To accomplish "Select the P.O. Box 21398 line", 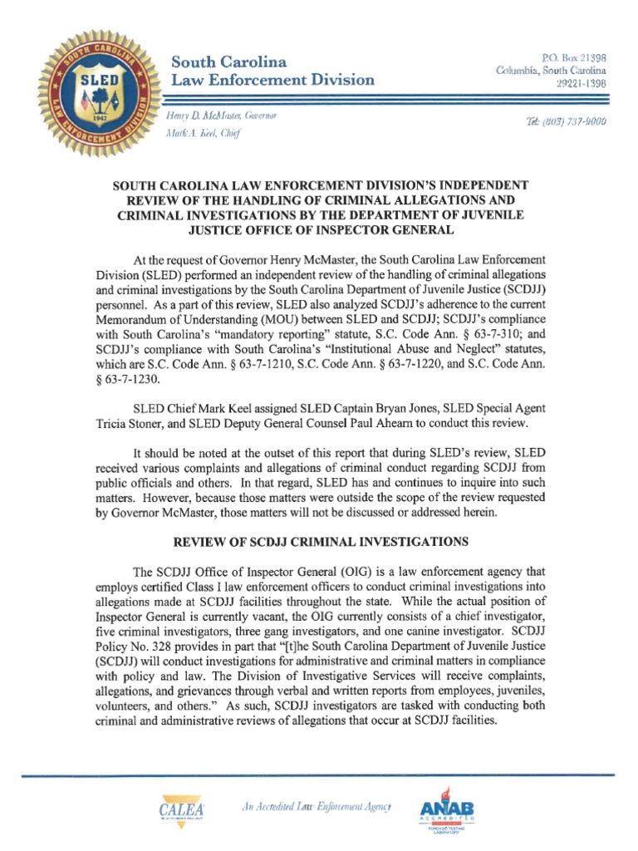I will [573, 58].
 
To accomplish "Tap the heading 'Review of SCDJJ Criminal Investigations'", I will [320, 541].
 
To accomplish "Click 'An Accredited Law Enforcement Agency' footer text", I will [316, 807].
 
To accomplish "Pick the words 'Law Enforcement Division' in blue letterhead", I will [272, 81].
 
